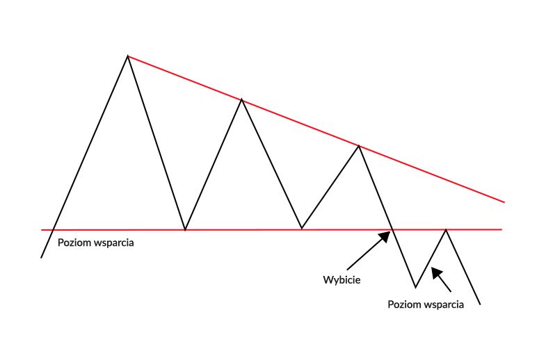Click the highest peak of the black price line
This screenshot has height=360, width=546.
click(x=128, y=56)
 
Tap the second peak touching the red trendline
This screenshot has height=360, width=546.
click(x=241, y=100)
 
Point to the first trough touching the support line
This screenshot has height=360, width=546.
click(x=185, y=229)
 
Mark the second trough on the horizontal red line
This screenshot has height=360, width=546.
click(x=301, y=228)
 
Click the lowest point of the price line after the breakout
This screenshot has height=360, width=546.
click(x=415, y=287)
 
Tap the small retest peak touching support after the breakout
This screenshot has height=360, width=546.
click(x=446, y=229)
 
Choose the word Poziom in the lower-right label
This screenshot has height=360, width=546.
click(x=404, y=304)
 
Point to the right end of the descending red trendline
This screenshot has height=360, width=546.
click(x=504, y=202)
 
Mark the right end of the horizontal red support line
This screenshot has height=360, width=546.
click(x=501, y=229)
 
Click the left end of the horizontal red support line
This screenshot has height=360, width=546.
click(x=42, y=229)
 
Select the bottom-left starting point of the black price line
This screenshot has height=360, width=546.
click(x=42, y=258)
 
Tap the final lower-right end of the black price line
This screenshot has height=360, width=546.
click(x=481, y=304)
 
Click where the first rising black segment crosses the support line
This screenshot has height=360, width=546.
click(x=54, y=229)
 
